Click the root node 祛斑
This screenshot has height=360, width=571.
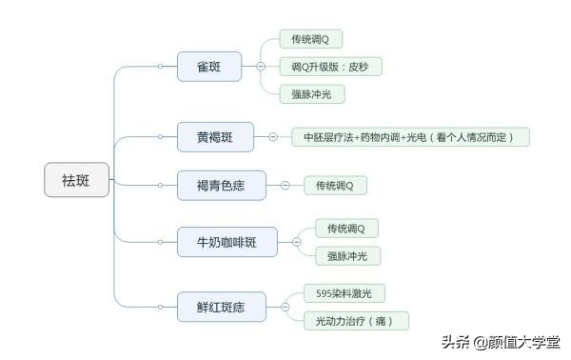[76, 179]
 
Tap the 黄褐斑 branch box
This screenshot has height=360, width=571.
[215, 137]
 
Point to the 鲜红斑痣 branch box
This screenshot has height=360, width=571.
[220, 307]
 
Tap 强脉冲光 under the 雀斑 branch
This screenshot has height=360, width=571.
[311, 94]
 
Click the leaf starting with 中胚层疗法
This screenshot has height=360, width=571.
[408, 137]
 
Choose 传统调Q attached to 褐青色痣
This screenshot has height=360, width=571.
[334, 185]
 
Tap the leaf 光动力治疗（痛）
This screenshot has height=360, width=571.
[355, 321]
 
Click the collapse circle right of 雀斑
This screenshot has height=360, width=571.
[261, 67]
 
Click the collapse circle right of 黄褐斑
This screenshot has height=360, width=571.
[272, 137]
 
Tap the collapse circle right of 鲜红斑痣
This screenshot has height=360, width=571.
[285, 307]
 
